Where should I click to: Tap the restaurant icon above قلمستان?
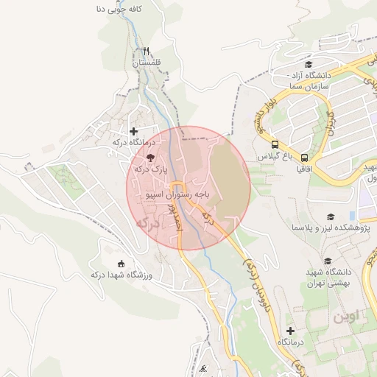click(147, 52)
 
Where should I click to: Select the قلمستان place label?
click(146, 64)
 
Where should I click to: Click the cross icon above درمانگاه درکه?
click(133, 131)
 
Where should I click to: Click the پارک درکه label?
click(151, 169)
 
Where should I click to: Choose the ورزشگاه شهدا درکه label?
click(120, 275)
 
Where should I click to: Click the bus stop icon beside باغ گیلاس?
click(275, 145)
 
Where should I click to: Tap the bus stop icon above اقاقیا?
click(304, 157)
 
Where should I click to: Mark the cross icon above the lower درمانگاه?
click(290, 331)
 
